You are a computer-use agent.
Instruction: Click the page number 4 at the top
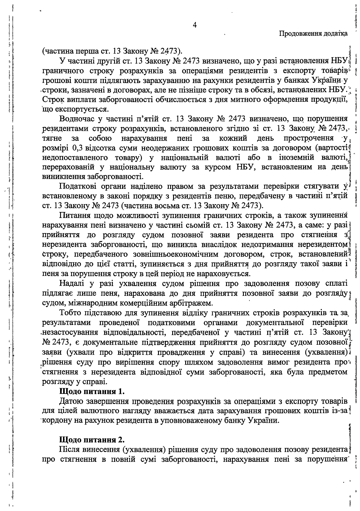tap(195, 25)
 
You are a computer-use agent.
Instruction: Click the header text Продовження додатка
tap(313, 34)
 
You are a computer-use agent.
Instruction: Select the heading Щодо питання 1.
tap(92, 392)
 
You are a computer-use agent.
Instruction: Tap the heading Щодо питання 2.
tap(92, 440)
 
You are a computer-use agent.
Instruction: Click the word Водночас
tap(75, 119)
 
